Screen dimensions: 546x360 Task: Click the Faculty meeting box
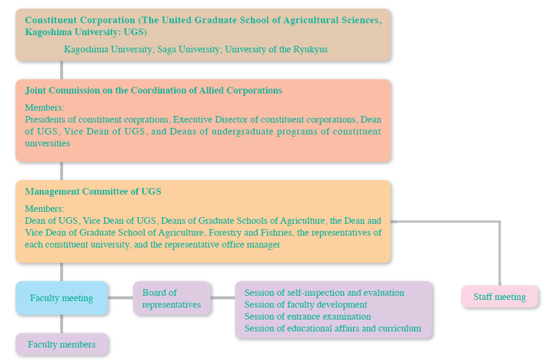pos(62,298)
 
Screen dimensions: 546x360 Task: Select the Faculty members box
pos(62,345)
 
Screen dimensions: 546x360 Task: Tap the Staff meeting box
pos(500,297)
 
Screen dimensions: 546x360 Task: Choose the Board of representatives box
pos(171,299)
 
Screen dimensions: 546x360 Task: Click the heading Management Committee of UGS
pos(93,192)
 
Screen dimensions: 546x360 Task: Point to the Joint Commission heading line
pos(154,90)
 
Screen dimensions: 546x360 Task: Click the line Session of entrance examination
pos(307,317)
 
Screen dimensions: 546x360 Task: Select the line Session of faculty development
pos(305,305)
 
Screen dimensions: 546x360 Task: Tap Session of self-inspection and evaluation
pos(324,293)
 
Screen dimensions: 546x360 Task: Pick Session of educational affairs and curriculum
pos(333,328)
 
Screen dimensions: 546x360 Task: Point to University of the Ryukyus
pos(276,49)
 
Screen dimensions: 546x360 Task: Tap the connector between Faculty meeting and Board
pos(120,298)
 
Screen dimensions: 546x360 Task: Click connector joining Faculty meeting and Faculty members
pos(62,324)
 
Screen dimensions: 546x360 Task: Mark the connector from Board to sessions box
pos(223,298)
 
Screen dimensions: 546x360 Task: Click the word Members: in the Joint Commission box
pos(45,108)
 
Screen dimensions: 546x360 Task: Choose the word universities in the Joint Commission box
pos(48,143)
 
